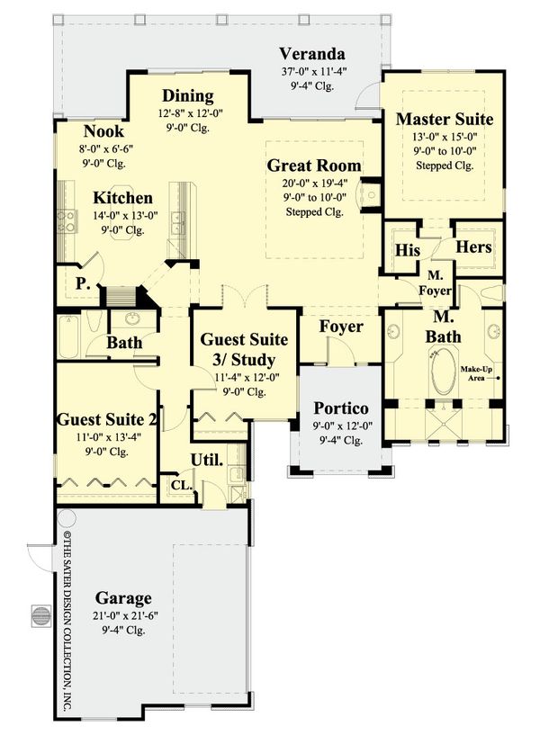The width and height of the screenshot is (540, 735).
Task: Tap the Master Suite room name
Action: pos(445,119)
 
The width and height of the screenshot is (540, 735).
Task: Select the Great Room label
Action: pos(314,166)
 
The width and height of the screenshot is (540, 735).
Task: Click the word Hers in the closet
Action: pos(473,246)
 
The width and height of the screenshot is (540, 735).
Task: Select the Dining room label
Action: pos(187,96)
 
